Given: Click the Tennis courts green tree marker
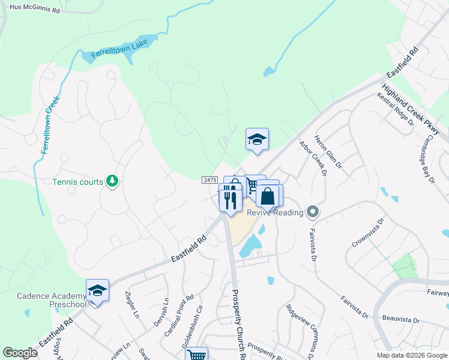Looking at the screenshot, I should coord(112,181).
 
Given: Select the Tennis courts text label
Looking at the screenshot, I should coord(77,181).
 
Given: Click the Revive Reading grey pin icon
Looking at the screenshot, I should coord(312,211).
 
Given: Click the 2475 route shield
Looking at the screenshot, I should coord(209,179).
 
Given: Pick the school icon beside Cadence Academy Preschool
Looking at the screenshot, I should coord(97,291).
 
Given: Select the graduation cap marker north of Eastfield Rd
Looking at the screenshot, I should coord(257,139).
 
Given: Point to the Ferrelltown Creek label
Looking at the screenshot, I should coord(50,125).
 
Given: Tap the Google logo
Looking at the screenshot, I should coord(20,352).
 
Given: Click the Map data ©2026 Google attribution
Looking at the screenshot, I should coord(412,355).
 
